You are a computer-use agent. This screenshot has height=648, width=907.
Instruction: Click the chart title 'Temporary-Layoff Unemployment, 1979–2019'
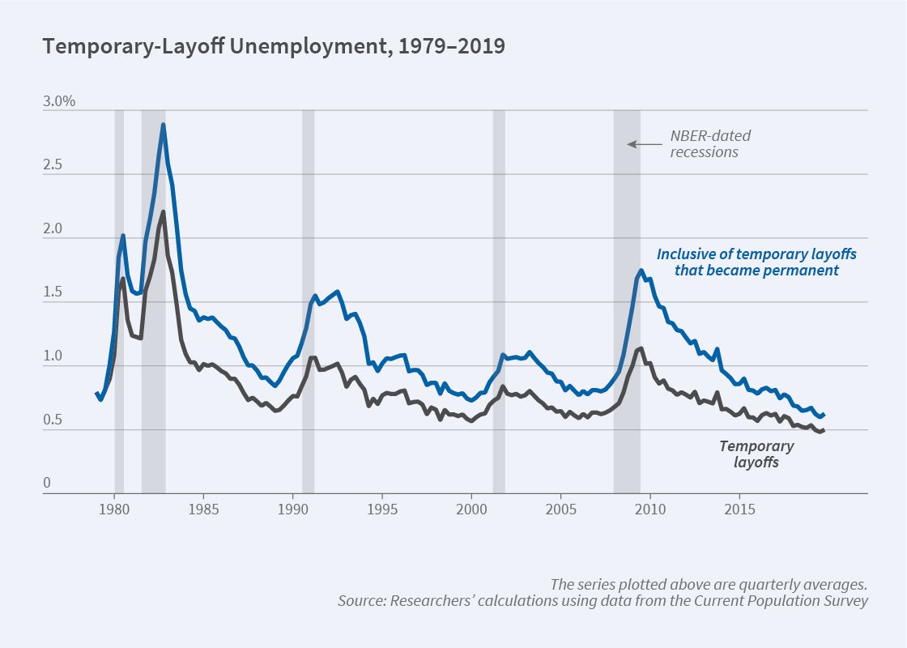(274, 46)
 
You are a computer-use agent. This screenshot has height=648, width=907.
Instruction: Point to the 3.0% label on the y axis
(59, 102)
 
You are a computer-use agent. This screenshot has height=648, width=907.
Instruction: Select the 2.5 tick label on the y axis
(53, 165)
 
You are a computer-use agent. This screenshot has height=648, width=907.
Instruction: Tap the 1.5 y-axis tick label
(53, 293)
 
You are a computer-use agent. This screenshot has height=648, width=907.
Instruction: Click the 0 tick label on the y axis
(46, 484)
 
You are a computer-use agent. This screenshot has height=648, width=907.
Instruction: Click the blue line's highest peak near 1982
(164, 125)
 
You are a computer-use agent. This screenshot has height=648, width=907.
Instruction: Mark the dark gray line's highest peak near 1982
(164, 212)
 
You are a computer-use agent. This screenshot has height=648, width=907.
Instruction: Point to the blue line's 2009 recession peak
(641, 271)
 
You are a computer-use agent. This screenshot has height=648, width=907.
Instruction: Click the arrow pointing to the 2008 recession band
(644, 144)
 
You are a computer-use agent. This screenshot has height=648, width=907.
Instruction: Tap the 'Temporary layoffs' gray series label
(756, 454)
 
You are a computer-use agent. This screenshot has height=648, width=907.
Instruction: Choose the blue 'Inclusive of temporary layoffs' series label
(756, 262)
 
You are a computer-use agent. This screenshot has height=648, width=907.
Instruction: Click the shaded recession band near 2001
(499, 300)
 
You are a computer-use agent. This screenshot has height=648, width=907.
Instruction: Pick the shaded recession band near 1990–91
(308, 300)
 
